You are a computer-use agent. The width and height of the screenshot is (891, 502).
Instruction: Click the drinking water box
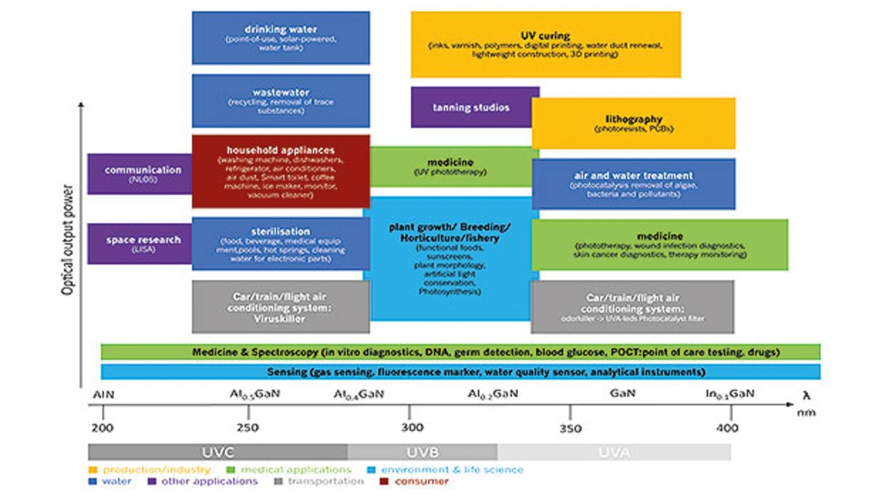(281, 38)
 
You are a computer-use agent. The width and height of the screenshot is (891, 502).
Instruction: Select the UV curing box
(545, 44)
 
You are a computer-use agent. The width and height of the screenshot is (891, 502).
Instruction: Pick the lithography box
(633, 123)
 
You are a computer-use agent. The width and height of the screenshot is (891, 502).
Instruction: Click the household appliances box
(281, 172)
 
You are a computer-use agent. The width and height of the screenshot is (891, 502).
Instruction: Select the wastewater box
(281, 101)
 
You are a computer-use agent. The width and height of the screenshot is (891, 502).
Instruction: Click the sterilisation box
(281, 244)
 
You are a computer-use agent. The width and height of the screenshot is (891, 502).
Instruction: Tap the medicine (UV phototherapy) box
(450, 166)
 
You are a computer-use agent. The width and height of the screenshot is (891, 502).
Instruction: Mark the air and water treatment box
(633, 185)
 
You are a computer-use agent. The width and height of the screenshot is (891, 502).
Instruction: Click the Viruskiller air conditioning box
(281, 306)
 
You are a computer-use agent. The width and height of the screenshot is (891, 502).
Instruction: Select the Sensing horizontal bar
(460, 372)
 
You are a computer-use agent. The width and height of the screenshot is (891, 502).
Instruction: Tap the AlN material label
(103, 394)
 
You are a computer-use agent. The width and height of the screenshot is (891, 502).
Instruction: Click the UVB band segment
(423, 452)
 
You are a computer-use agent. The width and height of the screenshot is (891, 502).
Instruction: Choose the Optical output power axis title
(68, 241)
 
